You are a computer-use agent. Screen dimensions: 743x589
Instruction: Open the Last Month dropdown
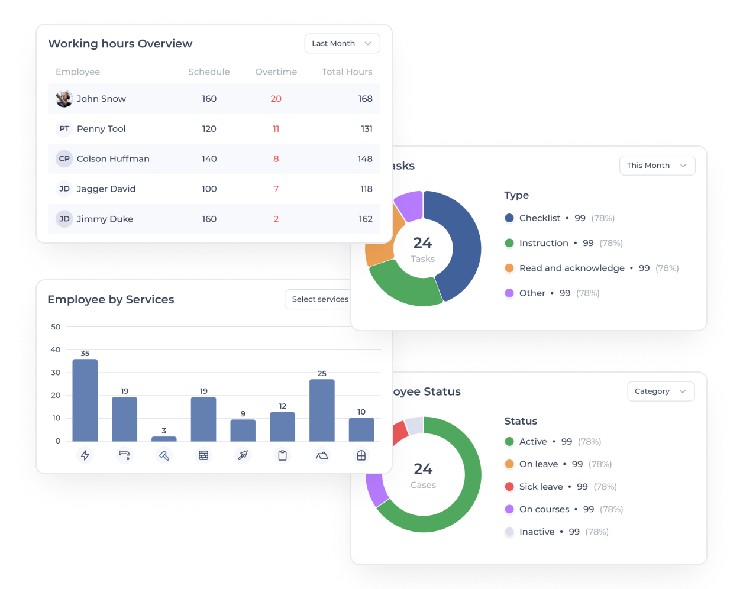[342, 44]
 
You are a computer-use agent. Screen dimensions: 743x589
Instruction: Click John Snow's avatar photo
[64, 99]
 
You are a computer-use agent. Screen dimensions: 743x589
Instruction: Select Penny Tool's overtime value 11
[276, 129]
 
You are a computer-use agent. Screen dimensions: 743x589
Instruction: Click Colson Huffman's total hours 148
[365, 159]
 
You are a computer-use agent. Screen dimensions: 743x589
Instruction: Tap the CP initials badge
[64, 159]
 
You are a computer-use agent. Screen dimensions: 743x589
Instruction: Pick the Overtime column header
[276, 72]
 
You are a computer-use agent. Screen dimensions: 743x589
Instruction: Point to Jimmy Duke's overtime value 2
[276, 219]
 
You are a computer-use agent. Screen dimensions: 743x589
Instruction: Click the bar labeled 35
[85, 400]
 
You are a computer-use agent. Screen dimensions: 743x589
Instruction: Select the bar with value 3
[164, 439]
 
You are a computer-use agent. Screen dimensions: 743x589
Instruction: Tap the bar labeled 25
[322, 410]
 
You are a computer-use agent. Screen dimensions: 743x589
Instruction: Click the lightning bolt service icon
[85, 455]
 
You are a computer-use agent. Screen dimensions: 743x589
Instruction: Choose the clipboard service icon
[282, 455]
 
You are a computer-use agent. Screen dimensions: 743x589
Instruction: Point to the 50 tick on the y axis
[56, 326]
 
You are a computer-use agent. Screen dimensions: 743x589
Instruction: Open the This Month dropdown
[657, 166]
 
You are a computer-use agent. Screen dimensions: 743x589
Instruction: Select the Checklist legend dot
[509, 218]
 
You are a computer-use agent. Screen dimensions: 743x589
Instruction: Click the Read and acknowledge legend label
[572, 268]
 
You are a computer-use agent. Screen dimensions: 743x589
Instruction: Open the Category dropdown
[661, 391]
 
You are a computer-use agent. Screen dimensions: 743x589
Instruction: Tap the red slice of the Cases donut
[400, 433]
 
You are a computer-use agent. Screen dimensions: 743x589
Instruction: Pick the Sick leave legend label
[541, 487]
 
